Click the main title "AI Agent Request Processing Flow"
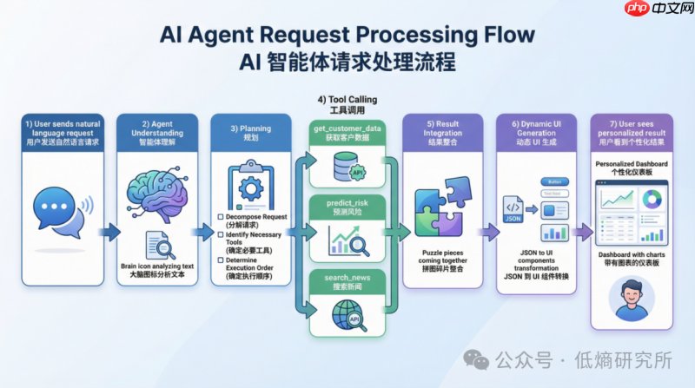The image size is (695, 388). tap(347, 35)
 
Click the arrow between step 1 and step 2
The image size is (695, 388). tap(109, 232)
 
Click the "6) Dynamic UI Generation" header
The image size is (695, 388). tap(537, 133)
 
